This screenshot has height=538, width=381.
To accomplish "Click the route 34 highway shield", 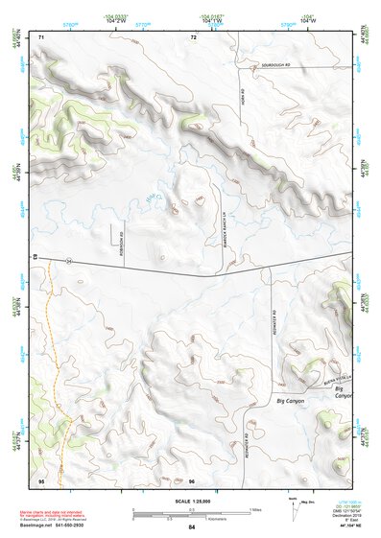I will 69,259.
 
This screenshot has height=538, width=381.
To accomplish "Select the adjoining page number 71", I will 41,37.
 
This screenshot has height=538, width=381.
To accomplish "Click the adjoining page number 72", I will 193,37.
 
